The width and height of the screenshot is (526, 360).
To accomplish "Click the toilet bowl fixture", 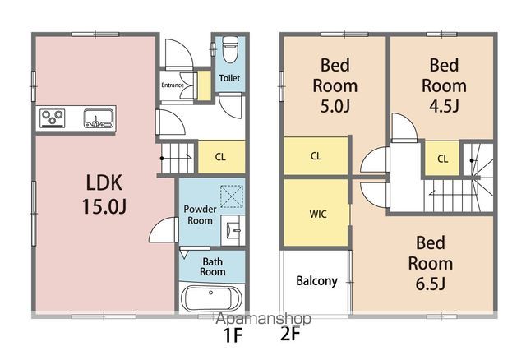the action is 230,49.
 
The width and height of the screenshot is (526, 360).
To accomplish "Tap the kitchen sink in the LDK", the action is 98,118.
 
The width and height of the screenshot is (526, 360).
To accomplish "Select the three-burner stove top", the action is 53,118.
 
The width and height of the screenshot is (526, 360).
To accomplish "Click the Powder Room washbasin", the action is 233,230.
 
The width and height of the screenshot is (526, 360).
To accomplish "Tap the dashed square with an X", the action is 232,196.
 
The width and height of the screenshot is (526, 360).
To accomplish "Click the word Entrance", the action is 173,85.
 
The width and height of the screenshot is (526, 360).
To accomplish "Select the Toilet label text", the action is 229,78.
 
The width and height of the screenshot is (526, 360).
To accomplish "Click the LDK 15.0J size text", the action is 104,206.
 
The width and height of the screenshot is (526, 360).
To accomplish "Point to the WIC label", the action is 318,214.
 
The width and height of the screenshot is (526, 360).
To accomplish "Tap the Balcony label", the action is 316,281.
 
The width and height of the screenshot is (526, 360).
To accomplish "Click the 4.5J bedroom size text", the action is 444,106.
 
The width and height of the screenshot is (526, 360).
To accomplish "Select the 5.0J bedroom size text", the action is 335,106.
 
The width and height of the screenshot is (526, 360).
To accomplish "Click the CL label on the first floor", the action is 220,157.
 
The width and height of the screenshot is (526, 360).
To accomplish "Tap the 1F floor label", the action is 233,335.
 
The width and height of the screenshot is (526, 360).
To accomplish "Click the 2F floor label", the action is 290,333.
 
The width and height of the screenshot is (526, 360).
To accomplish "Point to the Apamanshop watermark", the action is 263,318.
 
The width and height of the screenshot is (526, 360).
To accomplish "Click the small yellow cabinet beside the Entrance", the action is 204,85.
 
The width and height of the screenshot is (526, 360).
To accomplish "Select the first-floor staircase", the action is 178,159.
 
